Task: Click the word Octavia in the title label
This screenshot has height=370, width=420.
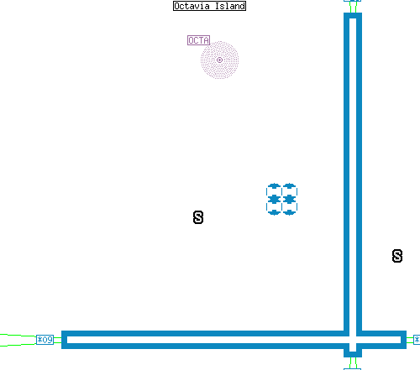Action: click(x=192, y=6)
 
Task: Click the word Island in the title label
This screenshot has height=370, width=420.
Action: click(x=230, y=6)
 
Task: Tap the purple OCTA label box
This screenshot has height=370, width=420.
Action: click(x=198, y=40)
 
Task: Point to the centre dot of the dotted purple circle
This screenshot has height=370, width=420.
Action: click(x=219, y=60)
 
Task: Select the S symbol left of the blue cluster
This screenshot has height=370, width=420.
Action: click(x=198, y=217)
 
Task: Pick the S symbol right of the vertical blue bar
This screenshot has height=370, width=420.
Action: click(x=397, y=256)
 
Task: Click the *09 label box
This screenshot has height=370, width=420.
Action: click(x=45, y=340)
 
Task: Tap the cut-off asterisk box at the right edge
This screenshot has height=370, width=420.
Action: click(x=417, y=340)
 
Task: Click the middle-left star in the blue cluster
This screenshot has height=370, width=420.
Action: click(x=274, y=199)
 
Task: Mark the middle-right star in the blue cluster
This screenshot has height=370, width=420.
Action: click(x=289, y=199)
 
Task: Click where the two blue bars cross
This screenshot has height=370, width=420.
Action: click(x=353, y=340)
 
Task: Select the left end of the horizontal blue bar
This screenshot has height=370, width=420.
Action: click(x=64, y=340)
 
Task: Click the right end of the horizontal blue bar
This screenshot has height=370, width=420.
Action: click(x=403, y=340)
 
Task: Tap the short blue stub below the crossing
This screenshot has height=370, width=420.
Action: click(x=353, y=354)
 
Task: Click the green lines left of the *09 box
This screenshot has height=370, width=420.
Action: click(x=18, y=340)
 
